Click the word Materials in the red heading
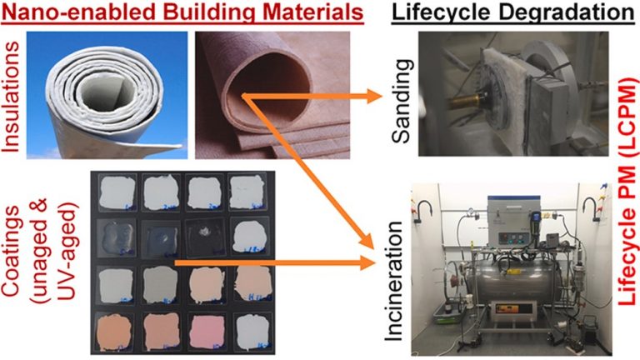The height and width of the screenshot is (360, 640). tap(314, 12)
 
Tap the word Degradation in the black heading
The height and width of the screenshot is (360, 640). tap(567, 13)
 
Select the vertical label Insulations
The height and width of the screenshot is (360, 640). tap(10, 97)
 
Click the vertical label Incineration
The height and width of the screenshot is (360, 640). tap(394, 281)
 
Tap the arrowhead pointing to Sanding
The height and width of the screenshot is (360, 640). tap(372, 97)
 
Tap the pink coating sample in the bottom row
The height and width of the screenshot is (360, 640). tap(207, 331)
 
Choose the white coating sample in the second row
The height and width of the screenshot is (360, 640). tap(249, 236)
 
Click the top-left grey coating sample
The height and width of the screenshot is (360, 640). tap(117, 192)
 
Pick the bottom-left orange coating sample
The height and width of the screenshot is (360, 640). tap(113, 332)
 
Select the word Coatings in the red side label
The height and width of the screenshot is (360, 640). tap(11, 250)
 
